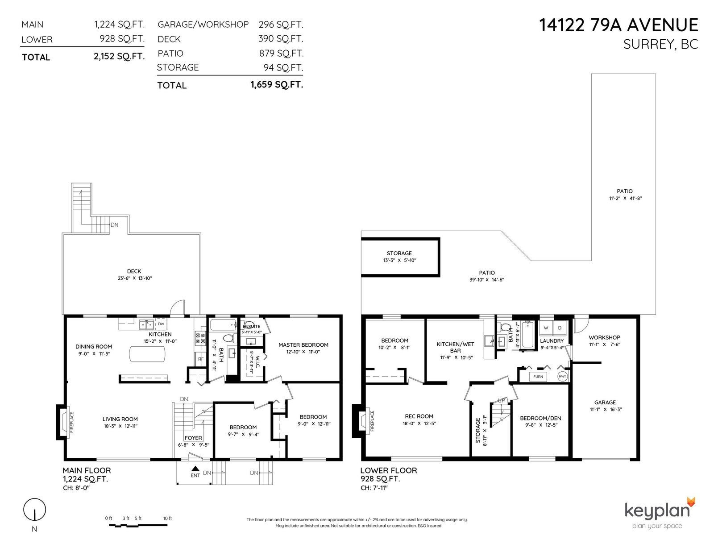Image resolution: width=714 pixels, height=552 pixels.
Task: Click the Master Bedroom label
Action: pyautogui.click(x=303, y=344)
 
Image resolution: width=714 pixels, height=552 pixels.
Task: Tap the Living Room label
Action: pyautogui.click(x=120, y=419)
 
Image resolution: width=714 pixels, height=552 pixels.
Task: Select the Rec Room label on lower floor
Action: pyautogui.click(x=419, y=416)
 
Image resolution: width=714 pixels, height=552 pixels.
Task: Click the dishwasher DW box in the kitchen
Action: pyautogui.click(x=161, y=324)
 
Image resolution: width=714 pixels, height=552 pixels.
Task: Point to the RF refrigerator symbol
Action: pyautogui.click(x=201, y=359)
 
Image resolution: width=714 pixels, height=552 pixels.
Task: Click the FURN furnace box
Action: pyautogui.click(x=538, y=377)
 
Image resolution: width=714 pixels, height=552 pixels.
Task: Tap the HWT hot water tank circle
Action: pyautogui.click(x=562, y=376)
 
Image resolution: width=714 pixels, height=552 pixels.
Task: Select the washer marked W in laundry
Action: pyautogui.click(x=546, y=328)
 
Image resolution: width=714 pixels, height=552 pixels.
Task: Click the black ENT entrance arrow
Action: pyautogui.click(x=195, y=469)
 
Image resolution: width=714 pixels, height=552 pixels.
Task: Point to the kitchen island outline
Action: pyautogui.click(x=147, y=354)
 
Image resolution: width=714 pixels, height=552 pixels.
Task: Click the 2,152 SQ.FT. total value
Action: pyautogui.click(x=119, y=57)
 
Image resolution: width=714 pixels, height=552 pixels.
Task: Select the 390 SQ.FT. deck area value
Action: pyautogui.click(x=281, y=39)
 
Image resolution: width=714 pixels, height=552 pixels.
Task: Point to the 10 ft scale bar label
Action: pyautogui.click(x=168, y=518)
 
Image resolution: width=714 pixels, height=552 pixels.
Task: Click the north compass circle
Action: pyautogui.click(x=34, y=510)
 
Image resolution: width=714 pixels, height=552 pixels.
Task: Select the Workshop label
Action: pyautogui.click(x=604, y=337)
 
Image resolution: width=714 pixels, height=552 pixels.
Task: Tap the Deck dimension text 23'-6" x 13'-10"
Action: pyautogui.click(x=134, y=278)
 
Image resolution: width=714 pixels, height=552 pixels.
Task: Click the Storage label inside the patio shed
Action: pyautogui.click(x=399, y=253)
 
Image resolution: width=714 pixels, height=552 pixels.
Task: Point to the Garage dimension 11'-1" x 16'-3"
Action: pyautogui.click(x=605, y=409)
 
